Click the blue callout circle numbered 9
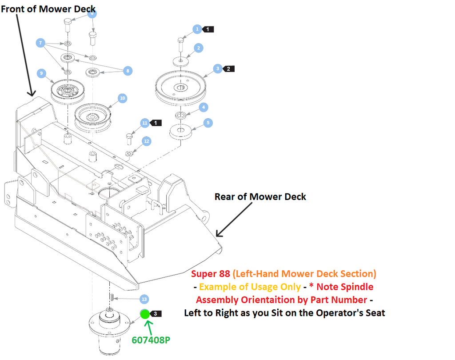[41, 73]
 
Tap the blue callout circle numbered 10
[123, 98]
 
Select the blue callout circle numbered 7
[40, 43]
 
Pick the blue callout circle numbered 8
[128, 71]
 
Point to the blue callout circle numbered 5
[208, 123]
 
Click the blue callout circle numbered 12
[147, 141]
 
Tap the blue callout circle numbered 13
[144, 299]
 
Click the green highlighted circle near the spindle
[145, 314]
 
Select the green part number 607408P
[151, 340]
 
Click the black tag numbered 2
[228, 69]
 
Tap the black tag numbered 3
[156, 314]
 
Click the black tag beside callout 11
[156, 123]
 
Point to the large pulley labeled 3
[180, 88]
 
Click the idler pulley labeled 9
[68, 91]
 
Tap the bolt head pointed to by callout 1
[180, 40]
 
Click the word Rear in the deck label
[225, 196]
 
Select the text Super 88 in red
[210, 274]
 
